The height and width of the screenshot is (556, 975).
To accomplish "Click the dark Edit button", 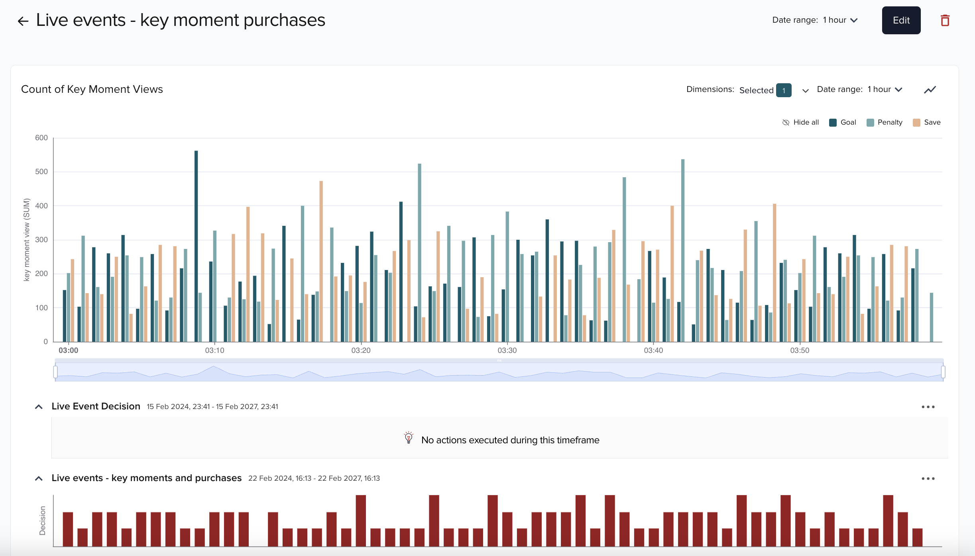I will click(x=901, y=20).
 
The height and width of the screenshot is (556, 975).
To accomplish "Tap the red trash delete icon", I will click(x=945, y=20).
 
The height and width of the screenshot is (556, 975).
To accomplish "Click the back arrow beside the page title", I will click(x=23, y=21).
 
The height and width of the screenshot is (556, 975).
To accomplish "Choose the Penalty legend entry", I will click(x=885, y=122).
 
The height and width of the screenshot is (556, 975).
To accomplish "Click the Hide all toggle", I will click(x=800, y=122).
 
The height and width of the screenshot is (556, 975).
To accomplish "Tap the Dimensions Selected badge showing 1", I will click(x=783, y=90).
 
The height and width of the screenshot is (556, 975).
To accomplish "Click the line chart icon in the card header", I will click(x=930, y=90).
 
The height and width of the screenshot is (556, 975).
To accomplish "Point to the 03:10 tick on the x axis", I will click(x=214, y=350).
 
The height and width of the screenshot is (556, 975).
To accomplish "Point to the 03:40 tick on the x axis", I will click(x=653, y=350).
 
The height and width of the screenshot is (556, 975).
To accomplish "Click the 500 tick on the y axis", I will click(x=41, y=172).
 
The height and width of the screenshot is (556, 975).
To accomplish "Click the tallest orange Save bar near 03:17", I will click(x=321, y=261).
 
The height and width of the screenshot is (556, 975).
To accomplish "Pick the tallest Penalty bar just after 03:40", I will click(x=683, y=251).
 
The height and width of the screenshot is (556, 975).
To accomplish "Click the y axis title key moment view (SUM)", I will click(x=27, y=240).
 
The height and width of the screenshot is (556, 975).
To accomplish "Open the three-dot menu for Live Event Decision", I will click(x=928, y=407).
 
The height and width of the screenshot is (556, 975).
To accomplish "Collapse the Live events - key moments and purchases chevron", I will click(x=39, y=478).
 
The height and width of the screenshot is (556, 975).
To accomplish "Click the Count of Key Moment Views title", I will click(x=92, y=89).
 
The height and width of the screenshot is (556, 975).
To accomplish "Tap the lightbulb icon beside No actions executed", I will click(x=408, y=438).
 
